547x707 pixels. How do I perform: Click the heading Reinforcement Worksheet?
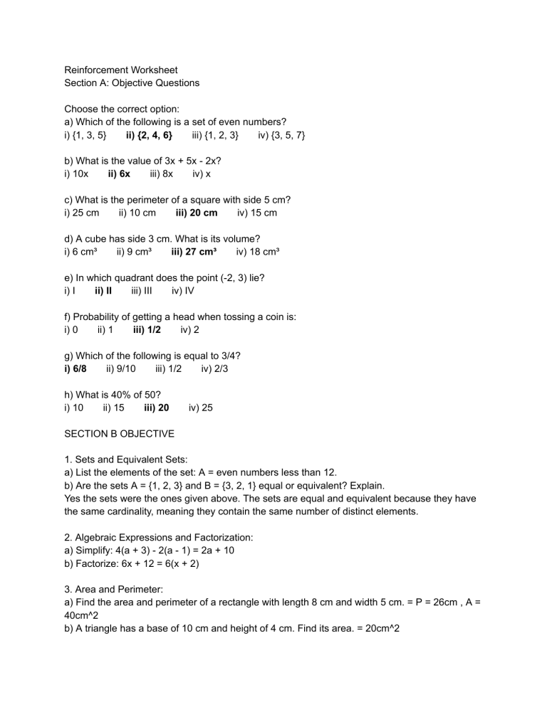coord(121,70)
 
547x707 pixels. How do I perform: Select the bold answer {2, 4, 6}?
coord(149,134)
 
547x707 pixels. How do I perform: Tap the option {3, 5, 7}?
coord(281,134)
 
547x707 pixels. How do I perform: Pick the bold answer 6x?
coord(119,173)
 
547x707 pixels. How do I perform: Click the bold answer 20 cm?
coord(197,212)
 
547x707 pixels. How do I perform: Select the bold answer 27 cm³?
coord(197,251)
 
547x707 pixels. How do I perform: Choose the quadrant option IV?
coord(183,290)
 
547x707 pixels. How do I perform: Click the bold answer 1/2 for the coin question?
coord(147,329)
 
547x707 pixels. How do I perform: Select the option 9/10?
coord(120,368)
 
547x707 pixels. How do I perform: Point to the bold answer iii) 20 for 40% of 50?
coord(156,408)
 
